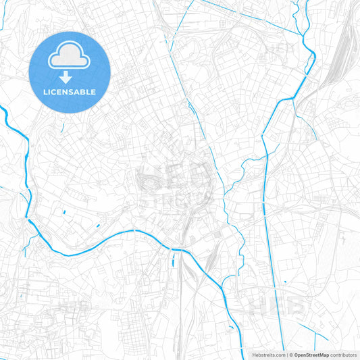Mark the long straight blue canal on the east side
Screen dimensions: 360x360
click(x=271, y=223)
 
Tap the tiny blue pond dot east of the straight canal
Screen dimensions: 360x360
click(x=285, y=282)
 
